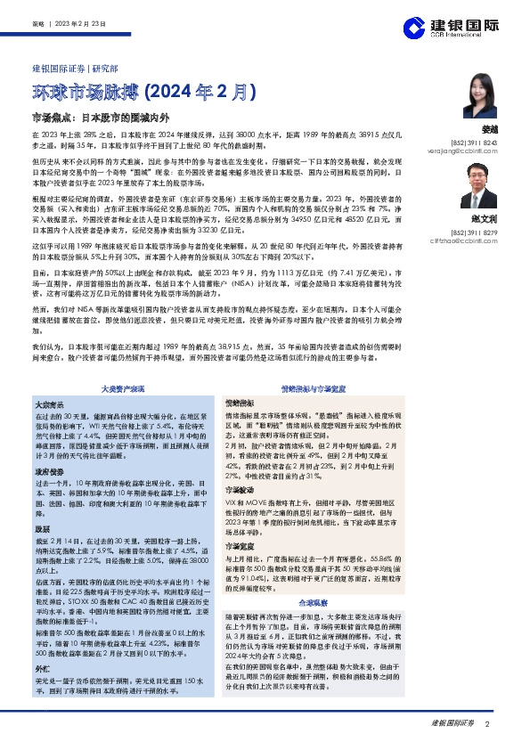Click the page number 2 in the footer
coord(488,724)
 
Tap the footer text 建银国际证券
coord(453,724)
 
